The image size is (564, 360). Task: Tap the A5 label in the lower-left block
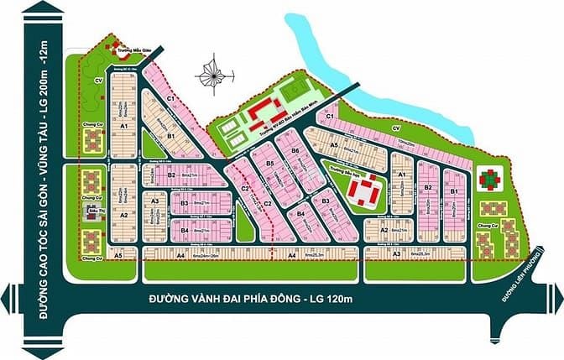coord(118,253)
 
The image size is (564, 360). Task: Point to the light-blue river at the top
coord(369,76)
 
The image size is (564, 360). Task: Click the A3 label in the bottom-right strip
coord(396,253)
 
